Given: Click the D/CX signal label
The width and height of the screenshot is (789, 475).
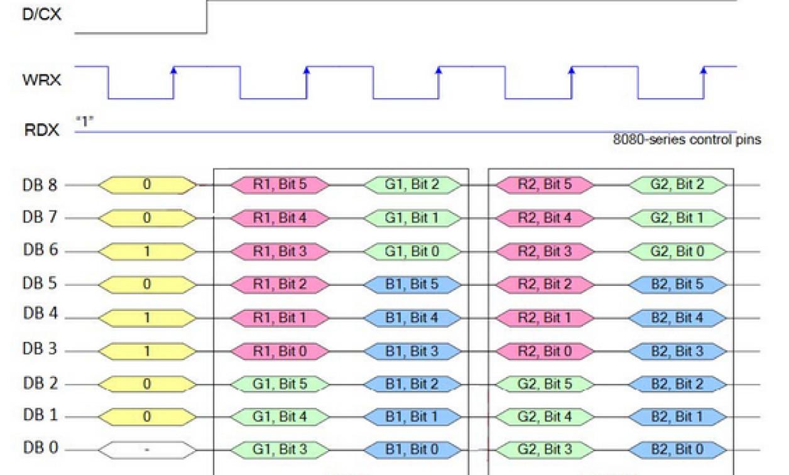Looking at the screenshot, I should [x=42, y=14].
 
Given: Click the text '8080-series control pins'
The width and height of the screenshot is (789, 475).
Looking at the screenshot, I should [x=687, y=140].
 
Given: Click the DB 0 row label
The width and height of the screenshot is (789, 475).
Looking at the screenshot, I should [x=41, y=448].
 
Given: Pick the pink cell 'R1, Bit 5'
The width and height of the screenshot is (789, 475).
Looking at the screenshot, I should [x=280, y=185].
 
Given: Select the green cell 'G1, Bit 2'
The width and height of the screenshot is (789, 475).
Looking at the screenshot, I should [x=411, y=185].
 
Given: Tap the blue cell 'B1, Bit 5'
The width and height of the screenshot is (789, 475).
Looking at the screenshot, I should [x=411, y=284].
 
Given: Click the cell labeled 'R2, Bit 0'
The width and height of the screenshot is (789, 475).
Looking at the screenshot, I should [x=545, y=351].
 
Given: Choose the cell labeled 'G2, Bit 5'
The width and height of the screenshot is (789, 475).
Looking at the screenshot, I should [x=545, y=384].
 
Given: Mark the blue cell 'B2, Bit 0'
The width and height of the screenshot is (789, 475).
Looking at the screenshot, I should [x=677, y=450].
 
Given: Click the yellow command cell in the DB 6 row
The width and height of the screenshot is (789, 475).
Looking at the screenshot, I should [x=147, y=251].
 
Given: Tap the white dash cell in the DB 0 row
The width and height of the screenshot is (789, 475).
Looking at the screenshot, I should [x=147, y=450].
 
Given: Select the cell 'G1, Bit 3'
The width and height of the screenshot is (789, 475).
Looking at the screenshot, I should [x=280, y=450].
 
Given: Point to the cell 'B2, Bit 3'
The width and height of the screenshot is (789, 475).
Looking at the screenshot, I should [x=677, y=351].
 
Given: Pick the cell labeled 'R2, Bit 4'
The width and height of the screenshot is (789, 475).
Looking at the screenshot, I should [x=545, y=218].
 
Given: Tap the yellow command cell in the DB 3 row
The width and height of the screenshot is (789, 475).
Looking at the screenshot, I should [x=147, y=351].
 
